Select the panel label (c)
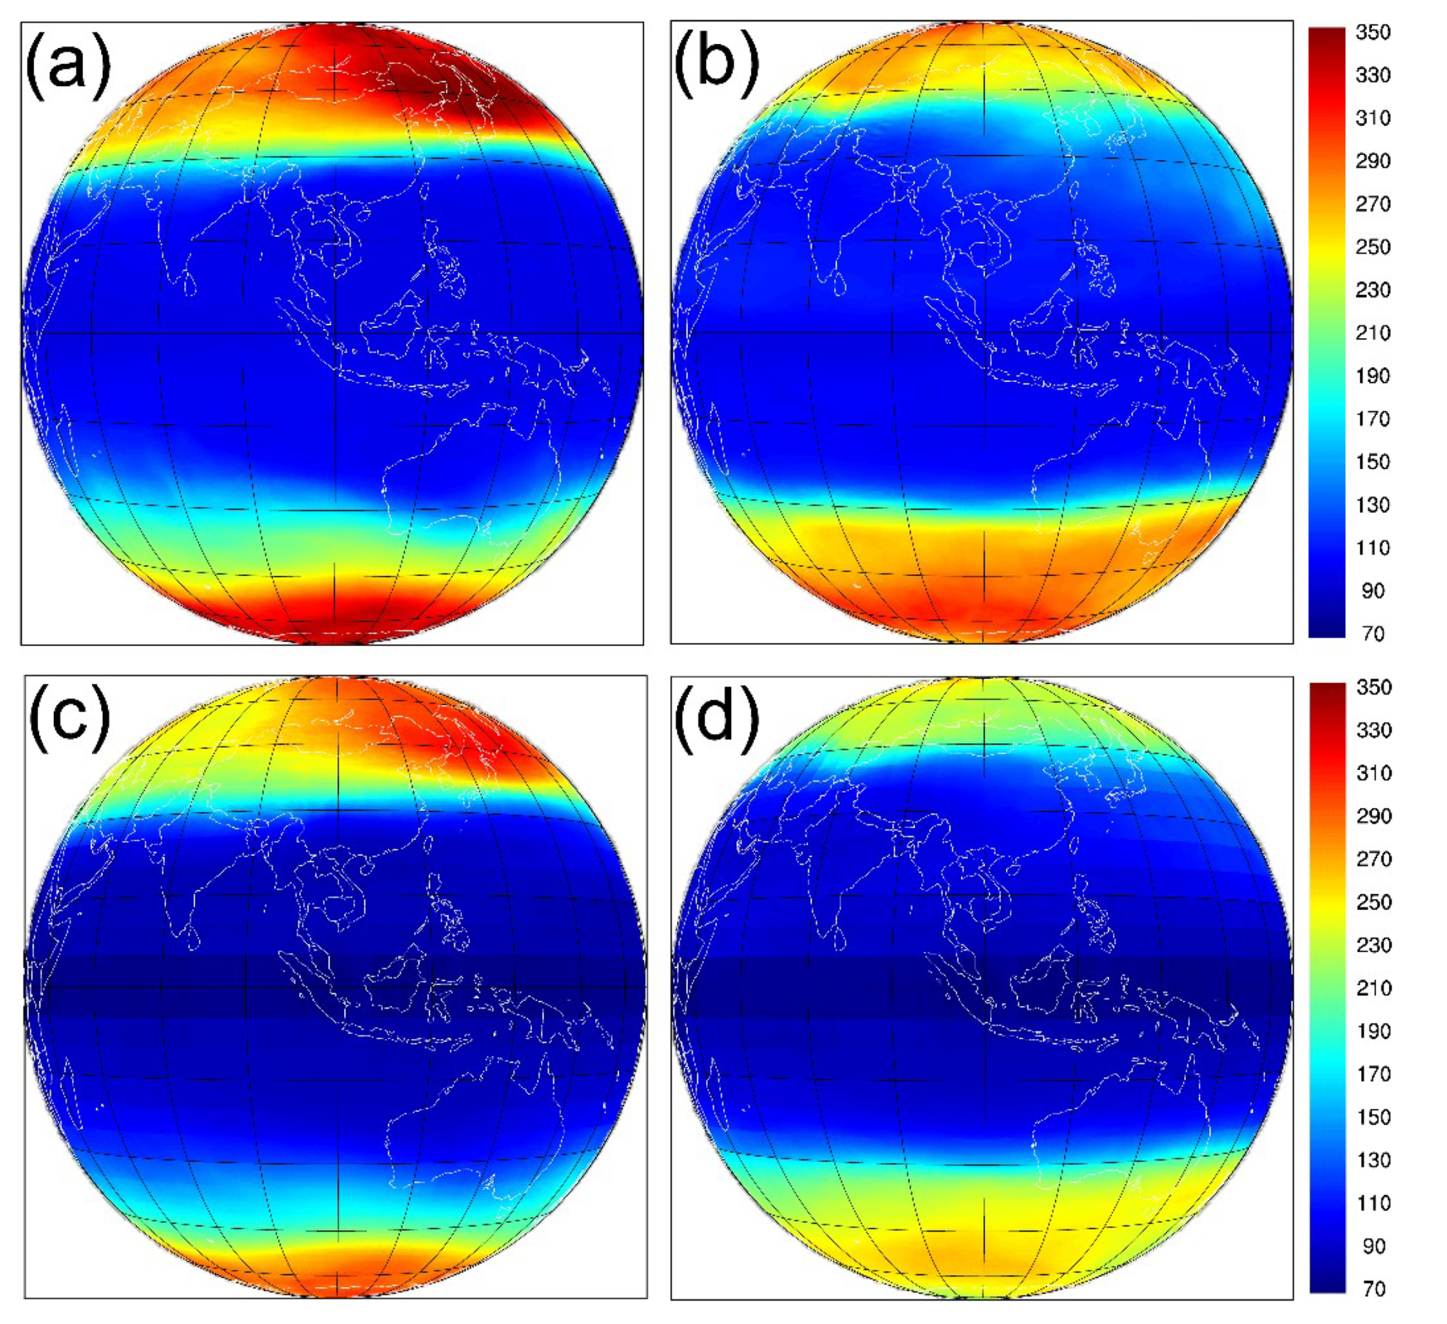point(70,718)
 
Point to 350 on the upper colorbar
point(1372,32)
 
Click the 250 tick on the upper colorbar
point(1372,247)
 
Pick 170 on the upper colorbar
point(1372,418)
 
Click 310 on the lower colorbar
point(1374,773)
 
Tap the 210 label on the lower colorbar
point(1374,988)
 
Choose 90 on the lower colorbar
point(1374,1246)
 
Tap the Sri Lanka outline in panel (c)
point(192,936)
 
